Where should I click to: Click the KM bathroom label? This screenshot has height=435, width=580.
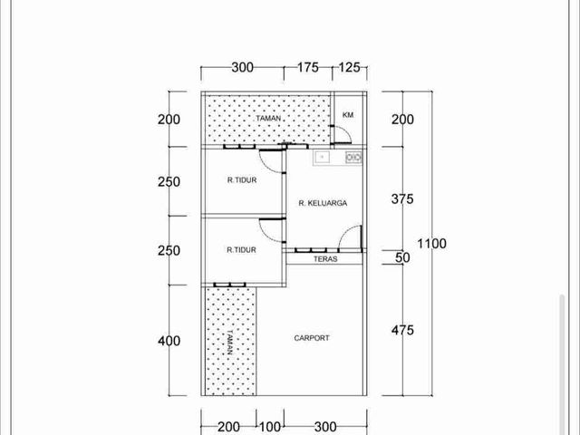pos(348,115)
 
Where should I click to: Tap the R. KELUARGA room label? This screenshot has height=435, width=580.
pos(323,203)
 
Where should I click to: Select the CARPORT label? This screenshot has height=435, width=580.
pos(312,338)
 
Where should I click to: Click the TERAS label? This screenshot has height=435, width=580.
pos(325,259)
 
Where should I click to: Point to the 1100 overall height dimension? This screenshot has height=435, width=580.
pos(431,244)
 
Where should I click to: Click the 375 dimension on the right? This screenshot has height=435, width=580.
pos(402,199)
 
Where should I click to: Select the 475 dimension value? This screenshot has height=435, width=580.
pos(402,330)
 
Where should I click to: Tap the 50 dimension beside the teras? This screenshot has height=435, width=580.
pos(402,257)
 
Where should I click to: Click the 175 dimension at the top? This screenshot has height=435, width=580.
pos(308,67)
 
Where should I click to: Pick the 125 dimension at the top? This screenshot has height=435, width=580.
pos(349,67)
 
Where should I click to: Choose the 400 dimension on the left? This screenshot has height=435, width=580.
pos(169,341)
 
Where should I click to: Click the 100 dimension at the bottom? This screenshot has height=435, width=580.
pos(270,427)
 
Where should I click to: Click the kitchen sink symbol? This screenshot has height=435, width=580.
pos(323,157)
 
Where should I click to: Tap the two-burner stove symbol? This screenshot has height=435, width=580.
pos(353,158)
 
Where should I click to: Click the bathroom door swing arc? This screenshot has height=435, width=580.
pos(345,132)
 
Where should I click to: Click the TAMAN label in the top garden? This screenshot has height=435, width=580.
pos(268,119)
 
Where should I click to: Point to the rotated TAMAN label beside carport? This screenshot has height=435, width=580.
pos(229,343)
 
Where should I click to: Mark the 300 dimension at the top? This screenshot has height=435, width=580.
pos(243,68)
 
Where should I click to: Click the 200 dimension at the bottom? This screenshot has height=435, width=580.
pos(228,427)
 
